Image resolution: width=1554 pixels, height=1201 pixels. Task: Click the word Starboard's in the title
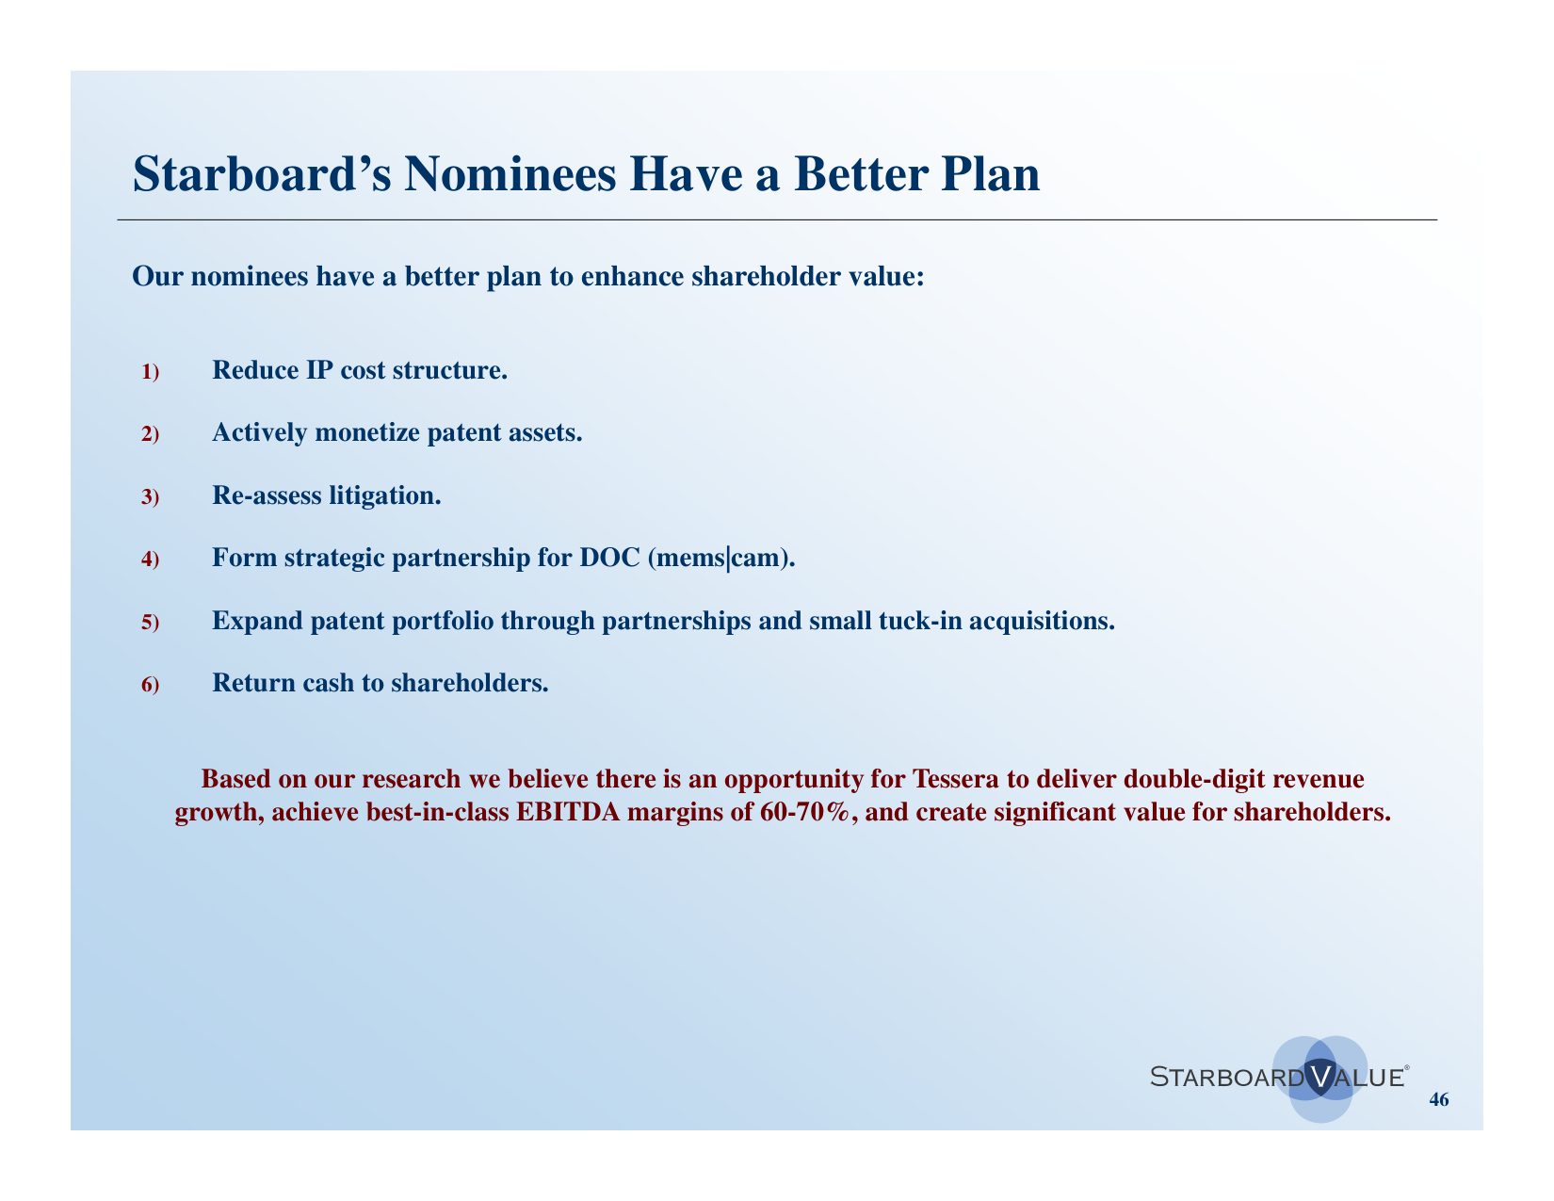coord(262,174)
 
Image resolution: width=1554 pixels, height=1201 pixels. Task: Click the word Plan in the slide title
coord(990,174)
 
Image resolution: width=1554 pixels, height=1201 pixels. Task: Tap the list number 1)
coord(150,372)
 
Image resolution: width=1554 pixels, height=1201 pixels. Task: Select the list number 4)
coord(150,559)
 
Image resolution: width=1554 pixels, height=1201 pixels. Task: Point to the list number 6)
coord(150,685)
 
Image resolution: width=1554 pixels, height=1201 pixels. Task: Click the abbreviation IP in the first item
coord(319,370)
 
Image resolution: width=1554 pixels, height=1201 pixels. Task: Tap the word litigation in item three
coord(385,495)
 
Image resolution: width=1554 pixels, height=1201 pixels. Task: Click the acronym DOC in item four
coord(609,558)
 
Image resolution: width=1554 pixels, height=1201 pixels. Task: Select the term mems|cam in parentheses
coord(721,558)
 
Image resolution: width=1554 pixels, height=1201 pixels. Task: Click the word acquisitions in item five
coord(1042,621)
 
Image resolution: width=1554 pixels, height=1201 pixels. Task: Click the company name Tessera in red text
coord(955,778)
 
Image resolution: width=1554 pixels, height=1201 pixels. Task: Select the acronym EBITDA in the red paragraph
coord(568,812)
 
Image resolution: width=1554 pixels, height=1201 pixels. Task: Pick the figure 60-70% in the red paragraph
coord(804,812)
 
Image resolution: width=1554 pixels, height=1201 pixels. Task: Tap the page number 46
coord(1439,1099)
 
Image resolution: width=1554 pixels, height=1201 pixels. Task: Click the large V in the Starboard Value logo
coord(1319,1077)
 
